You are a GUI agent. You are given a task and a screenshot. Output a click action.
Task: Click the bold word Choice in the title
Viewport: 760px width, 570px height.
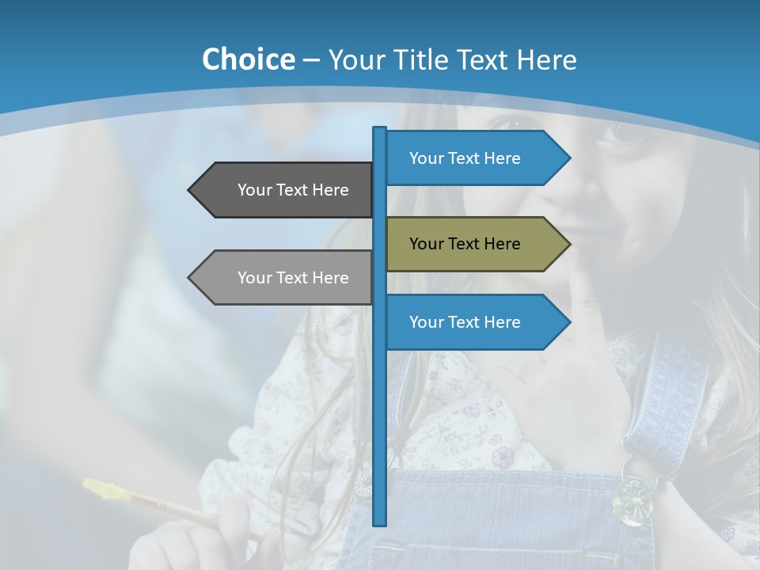coord(248,60)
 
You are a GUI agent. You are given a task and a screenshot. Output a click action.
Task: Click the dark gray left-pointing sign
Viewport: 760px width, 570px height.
coord(281,190)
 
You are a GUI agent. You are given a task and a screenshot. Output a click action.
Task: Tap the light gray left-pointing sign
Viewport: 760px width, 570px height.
coord(281,278)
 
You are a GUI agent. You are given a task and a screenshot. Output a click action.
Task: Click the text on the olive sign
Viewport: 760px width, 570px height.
coord(465,244)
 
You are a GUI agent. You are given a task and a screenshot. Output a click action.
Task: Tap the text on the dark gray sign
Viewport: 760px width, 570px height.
coord(293,190)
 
